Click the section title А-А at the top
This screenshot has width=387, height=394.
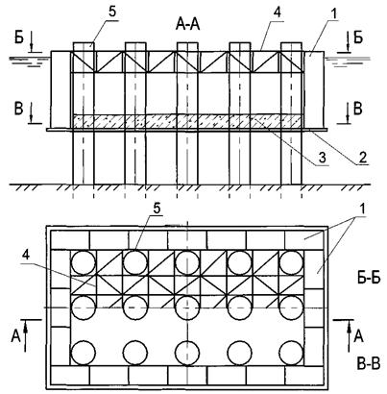[187, 25]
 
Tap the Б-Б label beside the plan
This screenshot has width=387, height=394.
[369, 278]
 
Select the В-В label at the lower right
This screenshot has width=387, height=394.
[369, 363]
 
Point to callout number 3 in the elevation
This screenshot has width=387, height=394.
[322, 158]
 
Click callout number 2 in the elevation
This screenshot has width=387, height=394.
[362, 157]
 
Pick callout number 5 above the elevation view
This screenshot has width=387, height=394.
[112, 12]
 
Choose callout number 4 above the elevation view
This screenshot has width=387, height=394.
[277, 13]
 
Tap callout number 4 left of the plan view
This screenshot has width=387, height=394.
[27, 255]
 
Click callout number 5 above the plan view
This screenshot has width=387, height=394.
[157, 209]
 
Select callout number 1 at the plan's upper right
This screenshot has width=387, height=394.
[362, 209]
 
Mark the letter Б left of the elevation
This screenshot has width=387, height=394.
[19, 38]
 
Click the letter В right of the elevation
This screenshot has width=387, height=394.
[357, 109]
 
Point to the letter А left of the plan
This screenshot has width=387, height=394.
[15, 336]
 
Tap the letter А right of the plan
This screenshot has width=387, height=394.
[359, 336]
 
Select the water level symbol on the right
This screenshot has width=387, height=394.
[348, 62]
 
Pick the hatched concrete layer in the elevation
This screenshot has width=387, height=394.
[187, 122]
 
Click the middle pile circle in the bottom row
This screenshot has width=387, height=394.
[187, 353]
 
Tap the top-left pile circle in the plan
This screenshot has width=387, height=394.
[84, 262]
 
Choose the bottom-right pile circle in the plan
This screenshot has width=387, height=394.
[291, 353]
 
